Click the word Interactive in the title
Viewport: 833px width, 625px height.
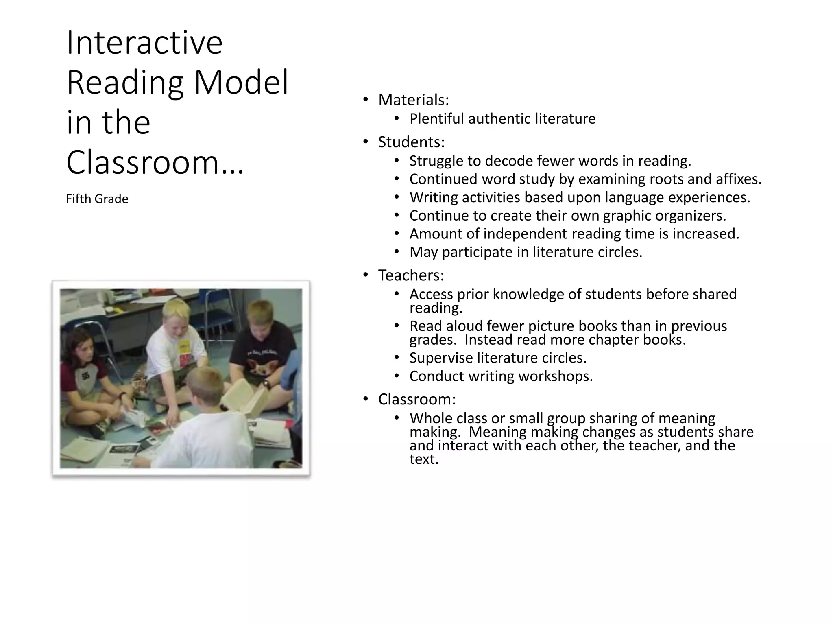pos(144,43)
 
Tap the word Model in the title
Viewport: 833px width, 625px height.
pos(241,83)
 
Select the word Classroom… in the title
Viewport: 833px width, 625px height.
pos(155,162)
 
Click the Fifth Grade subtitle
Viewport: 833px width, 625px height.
pos(97,199)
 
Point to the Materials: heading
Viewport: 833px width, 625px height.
pos(413,100)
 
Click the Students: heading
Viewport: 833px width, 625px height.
pos(411,142)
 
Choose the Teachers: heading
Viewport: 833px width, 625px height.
pos(411,275)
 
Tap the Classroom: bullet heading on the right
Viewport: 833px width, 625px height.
pos(416,399)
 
